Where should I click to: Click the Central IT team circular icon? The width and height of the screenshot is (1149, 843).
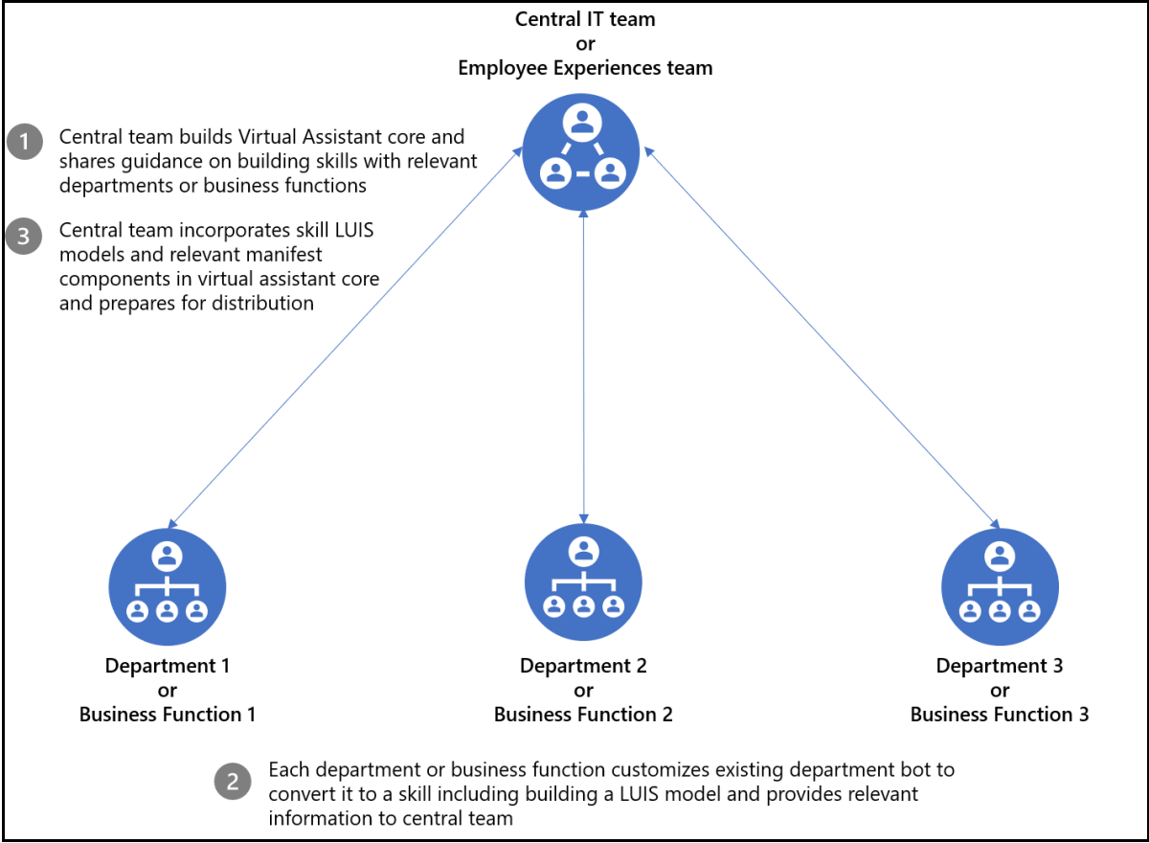click(582, 153)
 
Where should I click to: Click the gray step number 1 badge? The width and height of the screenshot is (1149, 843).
click(24, 142)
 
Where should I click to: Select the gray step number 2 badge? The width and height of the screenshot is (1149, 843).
click(233, 782)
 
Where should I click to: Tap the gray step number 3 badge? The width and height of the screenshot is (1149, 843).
click(24, 235)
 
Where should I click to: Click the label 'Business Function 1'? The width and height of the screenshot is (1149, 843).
click(168, 714)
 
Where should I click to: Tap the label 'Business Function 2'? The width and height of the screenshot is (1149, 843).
click(583, 714)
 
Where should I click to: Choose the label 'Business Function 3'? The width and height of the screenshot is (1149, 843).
click(1000, 714)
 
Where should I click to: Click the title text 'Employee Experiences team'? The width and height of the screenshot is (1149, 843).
click(585, 68)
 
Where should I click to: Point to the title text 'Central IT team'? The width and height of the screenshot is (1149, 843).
click(585, 19)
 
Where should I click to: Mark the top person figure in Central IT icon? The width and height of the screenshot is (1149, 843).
click(582, 122)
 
